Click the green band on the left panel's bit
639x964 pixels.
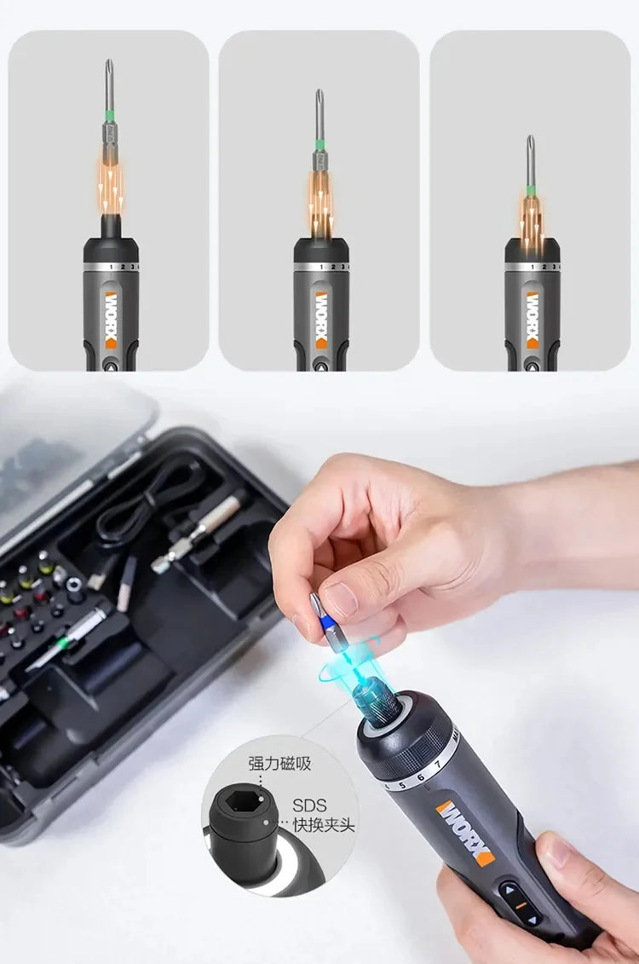[109, 113]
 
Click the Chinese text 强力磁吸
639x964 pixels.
[279, 763]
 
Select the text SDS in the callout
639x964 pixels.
[308, 805]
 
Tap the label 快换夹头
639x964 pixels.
[324, 825]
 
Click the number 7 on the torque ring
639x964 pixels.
[438, 764]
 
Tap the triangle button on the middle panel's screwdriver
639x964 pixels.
[321, 363]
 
